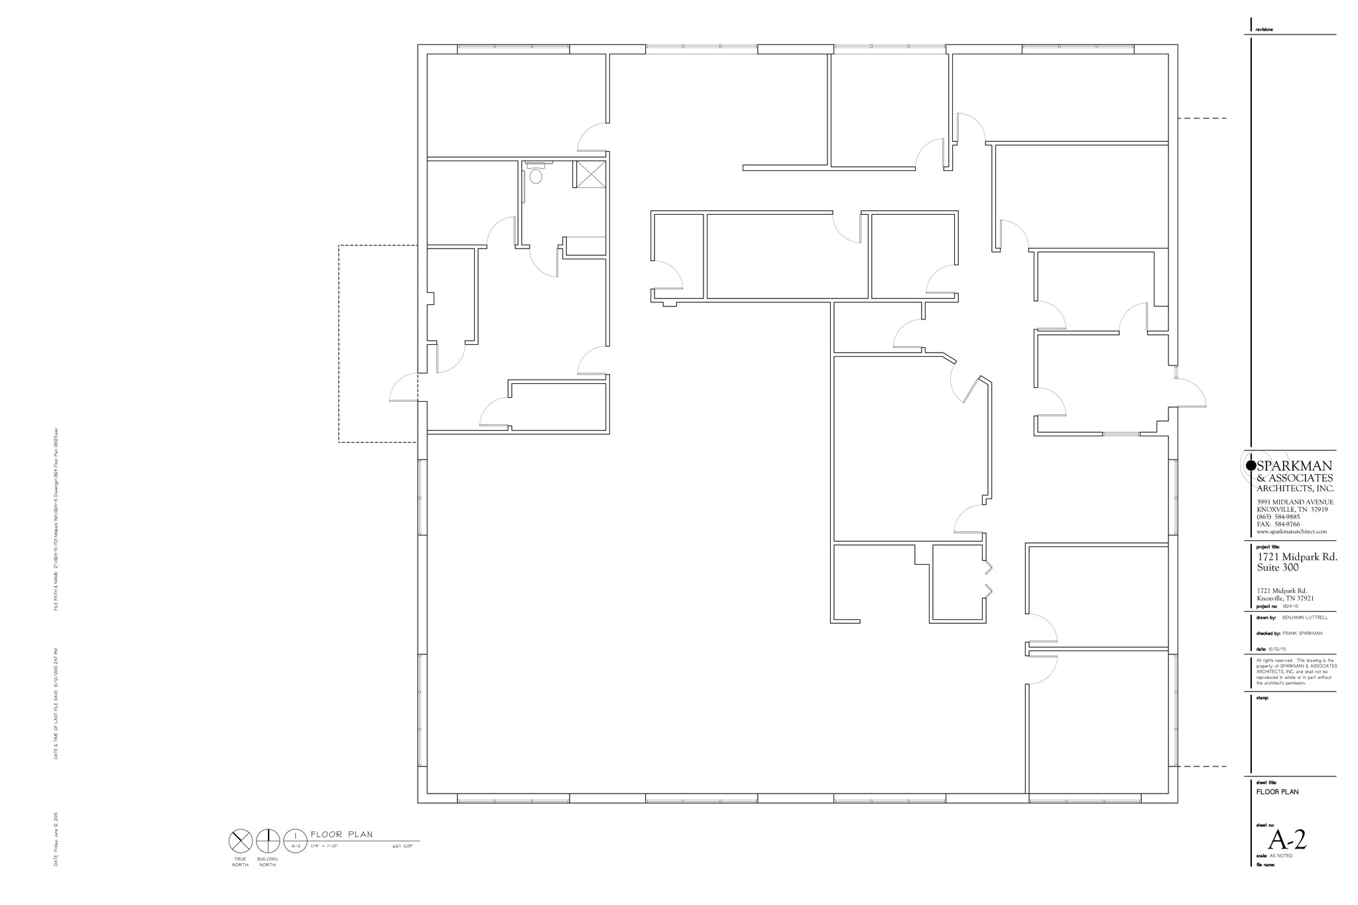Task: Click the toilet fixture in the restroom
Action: [x=535, y=173]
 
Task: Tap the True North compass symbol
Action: [x=239, y=842]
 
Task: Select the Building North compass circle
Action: [x=268, y=842]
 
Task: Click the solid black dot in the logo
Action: [x=1251, y=465]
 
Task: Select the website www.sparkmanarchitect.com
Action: [x=1292, y=531]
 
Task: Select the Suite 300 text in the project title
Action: [x=1278, y=568]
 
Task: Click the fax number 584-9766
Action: [x=1287, y=524]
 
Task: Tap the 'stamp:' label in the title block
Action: [x=1262, y=697]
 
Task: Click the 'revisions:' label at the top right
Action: [x=1265, y=30]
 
